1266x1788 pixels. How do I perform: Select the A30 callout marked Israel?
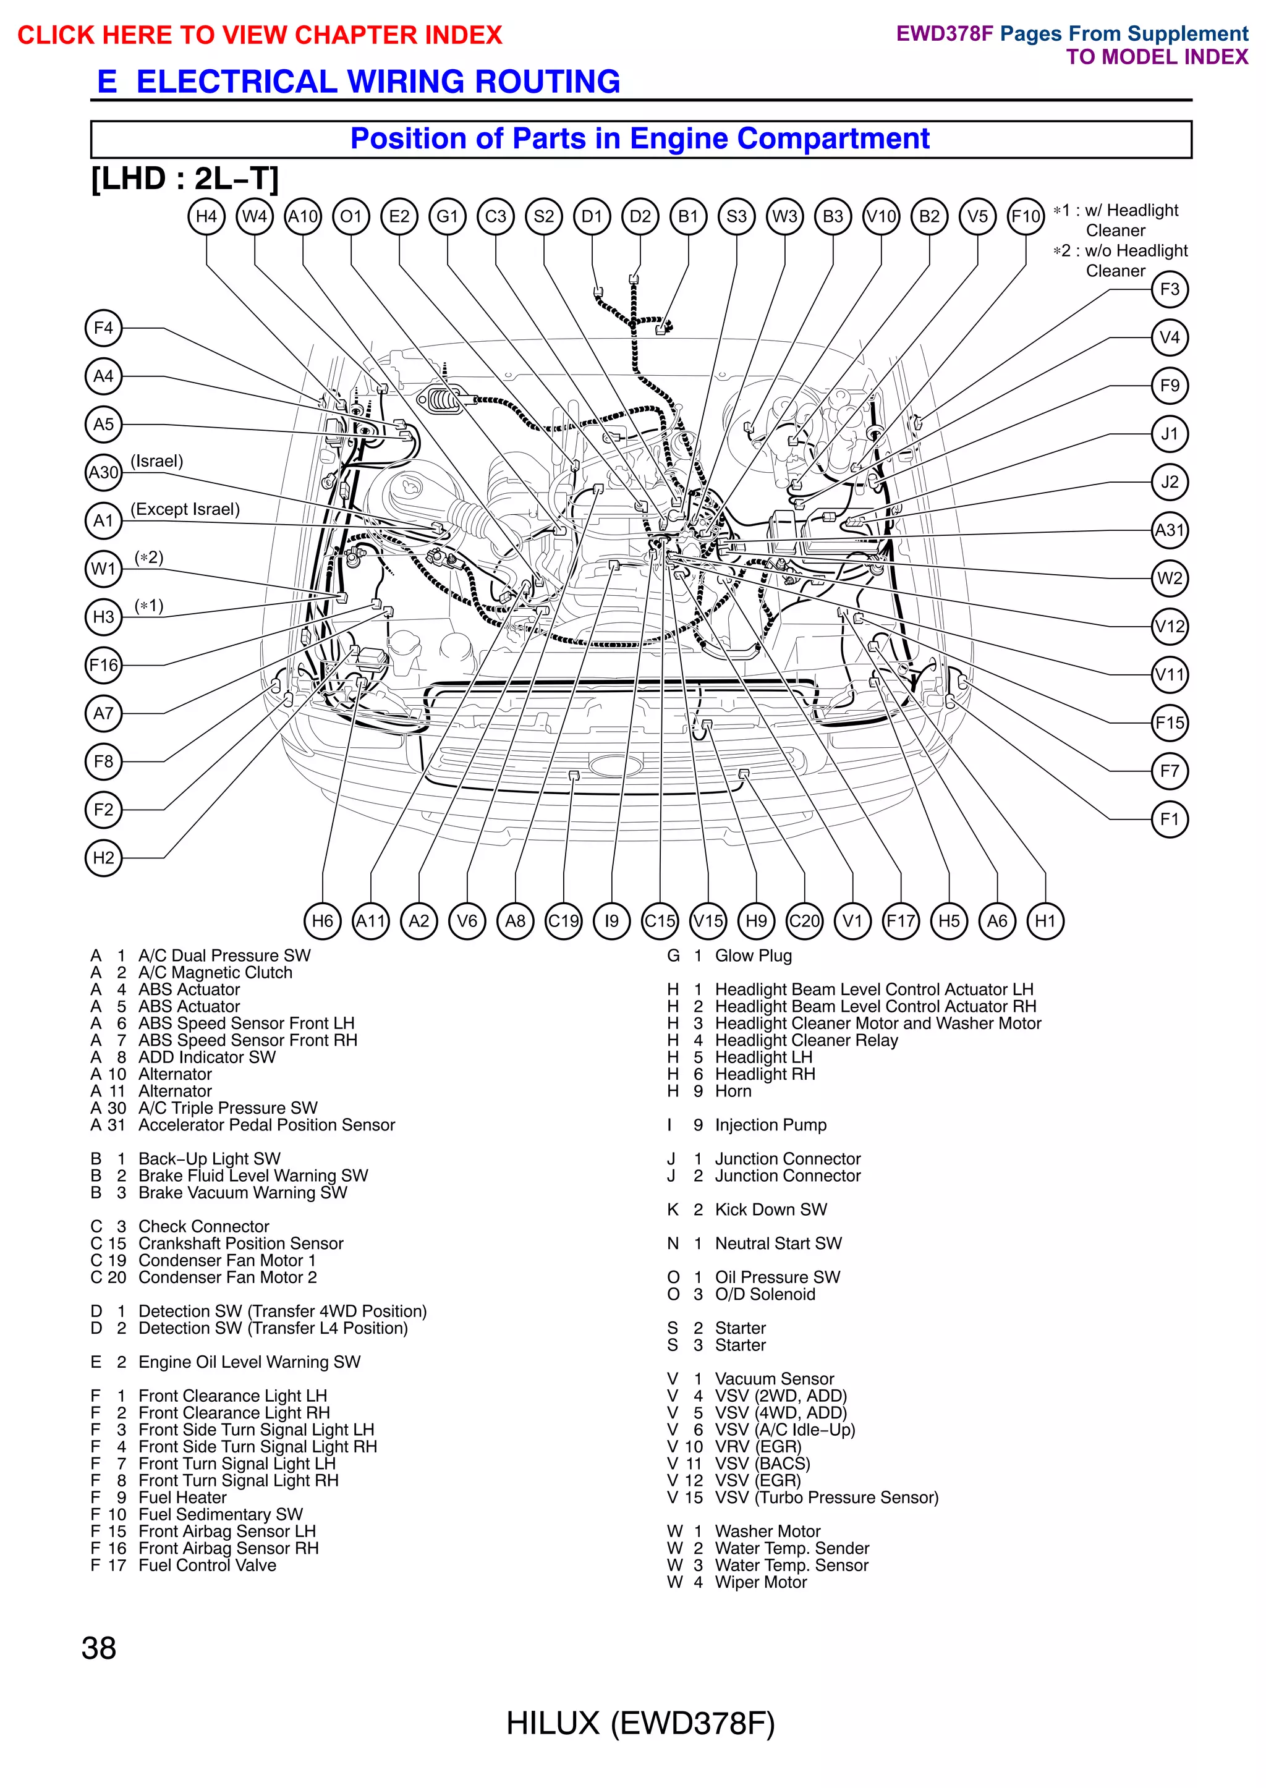[x=104, y=472]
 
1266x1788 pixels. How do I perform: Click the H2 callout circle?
[x=104, y=858]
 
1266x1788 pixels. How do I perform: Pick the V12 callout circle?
[x=1170, y=627]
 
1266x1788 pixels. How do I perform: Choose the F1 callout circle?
[x=1170, y=819]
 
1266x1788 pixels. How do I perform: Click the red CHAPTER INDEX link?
[x=260, y=35]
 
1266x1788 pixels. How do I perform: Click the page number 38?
[x=99, y=1648]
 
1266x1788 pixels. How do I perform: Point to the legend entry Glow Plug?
[x=753, y=955]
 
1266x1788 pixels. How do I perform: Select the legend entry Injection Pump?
[x=770, y=1125]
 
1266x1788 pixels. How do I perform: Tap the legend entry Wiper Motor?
[x=760, y=1582]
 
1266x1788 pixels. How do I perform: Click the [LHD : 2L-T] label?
[x=185, y=179]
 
